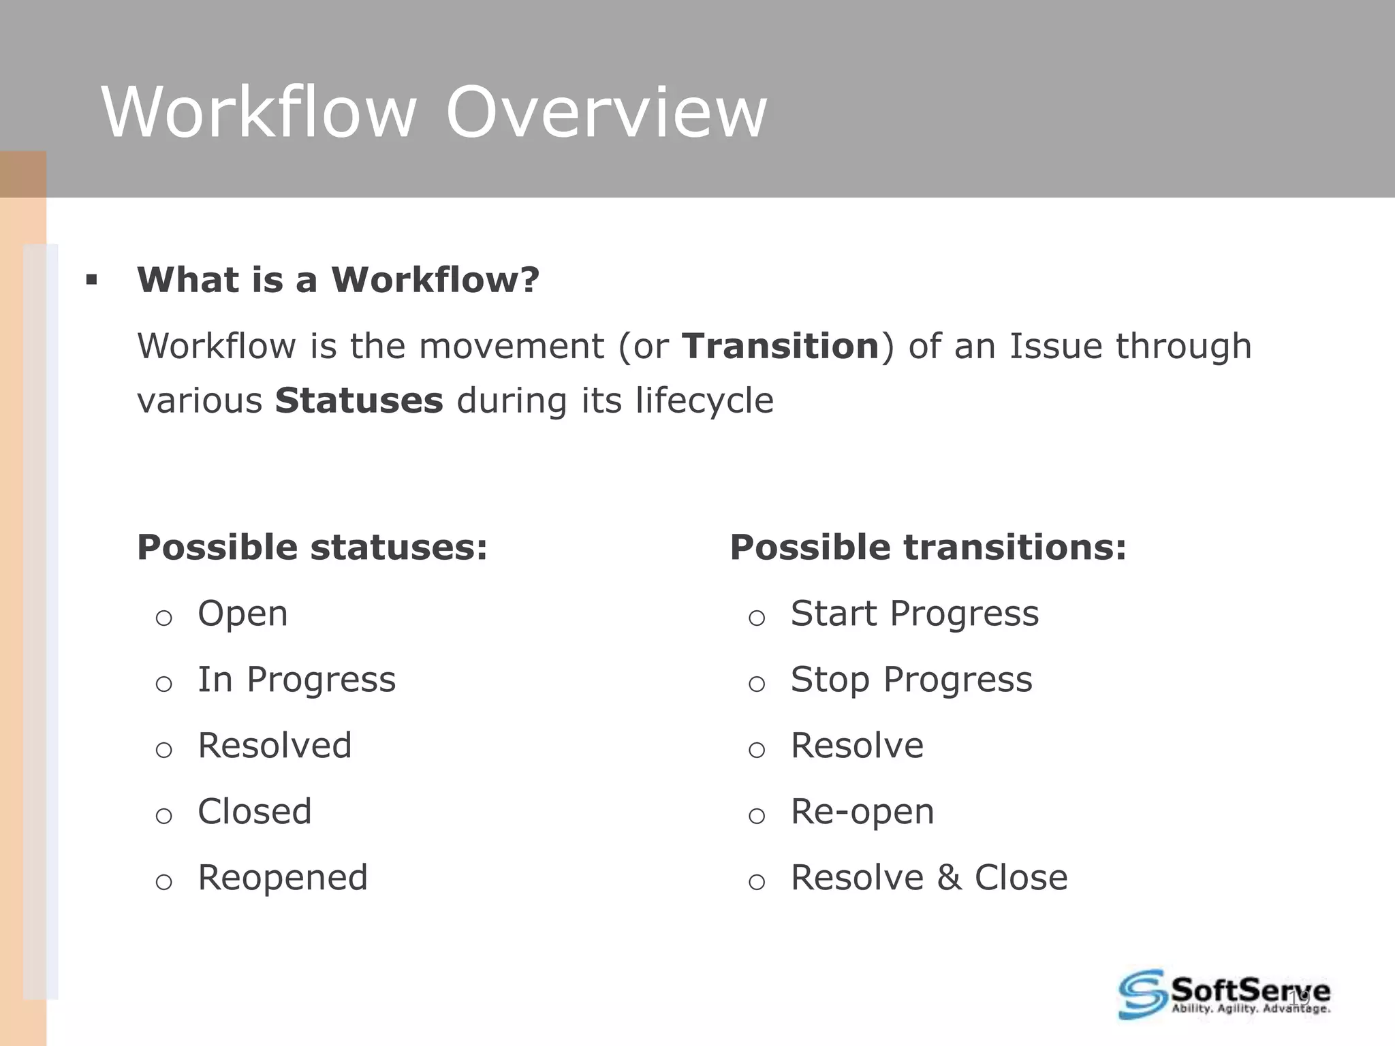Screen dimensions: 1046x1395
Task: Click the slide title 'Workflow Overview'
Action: coord(434,112)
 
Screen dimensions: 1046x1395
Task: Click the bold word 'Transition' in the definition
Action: coord(781,346)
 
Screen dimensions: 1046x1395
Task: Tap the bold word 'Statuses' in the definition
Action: coord(359,400)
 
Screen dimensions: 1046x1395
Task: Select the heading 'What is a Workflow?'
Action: coord(338,280)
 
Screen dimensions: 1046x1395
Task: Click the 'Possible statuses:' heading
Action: coord(313,548)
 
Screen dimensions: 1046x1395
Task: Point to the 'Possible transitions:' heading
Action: coord(928,548)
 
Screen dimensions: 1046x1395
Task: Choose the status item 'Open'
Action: coord(242,614)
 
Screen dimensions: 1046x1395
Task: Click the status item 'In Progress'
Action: coord(296,680)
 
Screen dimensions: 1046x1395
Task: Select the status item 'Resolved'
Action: coord(275,746)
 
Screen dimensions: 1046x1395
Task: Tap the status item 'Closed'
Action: coord(255,812)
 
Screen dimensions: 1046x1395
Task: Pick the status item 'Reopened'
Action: coord(283,878)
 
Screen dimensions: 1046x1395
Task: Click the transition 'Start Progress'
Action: coord(914,614)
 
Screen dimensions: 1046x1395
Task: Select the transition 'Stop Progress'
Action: coord(911,680)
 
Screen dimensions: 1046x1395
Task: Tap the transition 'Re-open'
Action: coord(862,812)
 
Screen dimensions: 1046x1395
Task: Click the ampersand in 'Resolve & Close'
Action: coord(949,878)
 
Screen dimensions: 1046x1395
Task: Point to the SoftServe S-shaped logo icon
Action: coord(1142,994)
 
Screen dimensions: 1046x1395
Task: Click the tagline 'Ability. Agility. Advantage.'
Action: coord(1250,1009)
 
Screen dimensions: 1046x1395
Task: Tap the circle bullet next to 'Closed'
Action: coord(163,816)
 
